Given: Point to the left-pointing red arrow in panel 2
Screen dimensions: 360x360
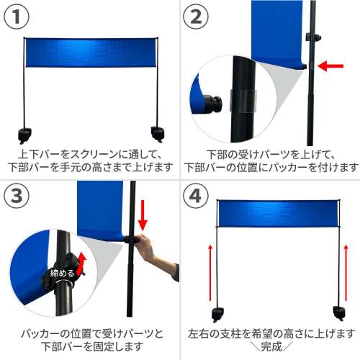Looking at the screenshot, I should point(332,66).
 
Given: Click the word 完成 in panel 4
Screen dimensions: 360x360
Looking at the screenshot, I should point(271,346).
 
